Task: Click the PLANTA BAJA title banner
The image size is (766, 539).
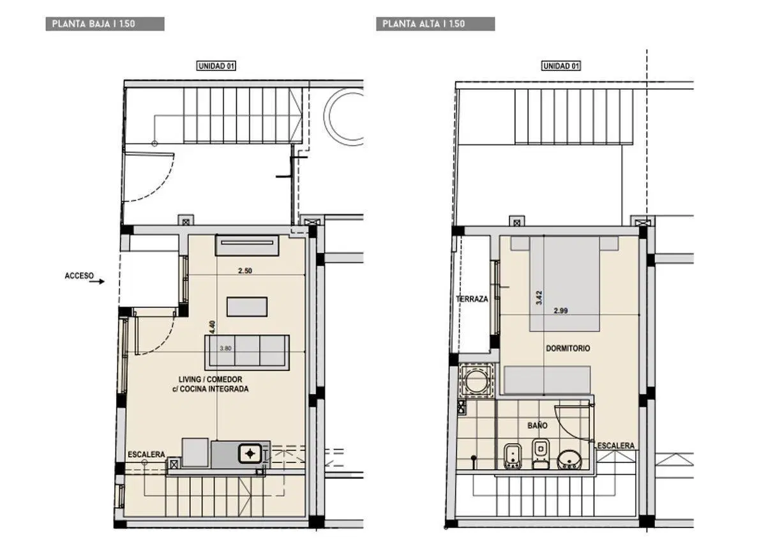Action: (105, 24)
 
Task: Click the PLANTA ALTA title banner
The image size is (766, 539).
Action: (435, 24)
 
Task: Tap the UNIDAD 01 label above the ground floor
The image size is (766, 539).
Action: (216, 66)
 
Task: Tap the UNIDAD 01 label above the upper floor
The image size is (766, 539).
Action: (561, 66)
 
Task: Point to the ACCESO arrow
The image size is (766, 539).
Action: (97, 282)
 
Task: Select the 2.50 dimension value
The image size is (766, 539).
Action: (245, 271)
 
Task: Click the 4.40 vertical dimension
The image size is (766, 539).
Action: (213, 327)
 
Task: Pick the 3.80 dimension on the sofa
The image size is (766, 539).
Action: (225, 349)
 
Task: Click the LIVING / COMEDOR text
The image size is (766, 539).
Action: (210, 379)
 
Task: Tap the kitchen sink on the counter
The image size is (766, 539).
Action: (250, 454)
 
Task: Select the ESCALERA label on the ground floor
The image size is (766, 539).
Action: (146, 455)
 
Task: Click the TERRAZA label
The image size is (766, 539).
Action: (472, 299)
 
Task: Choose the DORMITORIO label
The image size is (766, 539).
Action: (567, 349)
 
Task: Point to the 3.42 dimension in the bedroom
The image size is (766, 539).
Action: (539, 298)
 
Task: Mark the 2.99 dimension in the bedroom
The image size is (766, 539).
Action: (561, 311)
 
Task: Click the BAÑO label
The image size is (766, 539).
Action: (537, 425)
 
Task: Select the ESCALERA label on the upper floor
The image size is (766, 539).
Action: (616, 446)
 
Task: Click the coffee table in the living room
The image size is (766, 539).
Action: (247, 307)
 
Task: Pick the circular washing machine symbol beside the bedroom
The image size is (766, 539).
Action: (477, 381)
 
